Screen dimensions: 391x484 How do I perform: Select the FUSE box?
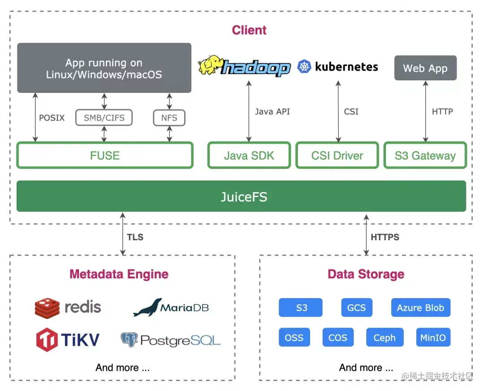coord(105,155)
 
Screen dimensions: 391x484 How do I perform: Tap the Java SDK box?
coord(249,155)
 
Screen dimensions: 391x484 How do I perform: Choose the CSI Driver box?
coord(337,155)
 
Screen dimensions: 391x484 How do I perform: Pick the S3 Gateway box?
coord(425,155)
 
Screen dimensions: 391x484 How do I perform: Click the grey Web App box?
coord(425,68)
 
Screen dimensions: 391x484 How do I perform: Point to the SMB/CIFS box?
coord(104,118)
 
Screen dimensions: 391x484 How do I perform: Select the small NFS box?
coord(169,118)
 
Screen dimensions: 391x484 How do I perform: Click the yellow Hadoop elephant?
coord(211,66)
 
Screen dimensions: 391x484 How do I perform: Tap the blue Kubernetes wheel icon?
coord(304,67)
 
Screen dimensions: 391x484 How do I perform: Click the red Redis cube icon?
coord(47,308)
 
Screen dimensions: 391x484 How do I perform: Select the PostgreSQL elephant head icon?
coord(129,339)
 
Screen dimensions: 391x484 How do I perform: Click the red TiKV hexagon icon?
coord(47,339)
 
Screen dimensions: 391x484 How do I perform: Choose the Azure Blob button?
coord(420,308)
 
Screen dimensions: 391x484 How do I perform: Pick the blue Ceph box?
coord(385,338)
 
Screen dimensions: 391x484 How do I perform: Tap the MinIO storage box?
coord(433,338)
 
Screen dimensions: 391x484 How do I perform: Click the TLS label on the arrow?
coord(135,237)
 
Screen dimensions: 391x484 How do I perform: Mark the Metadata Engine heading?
coord(119,274)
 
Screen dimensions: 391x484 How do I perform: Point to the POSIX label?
coord(52,118)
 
